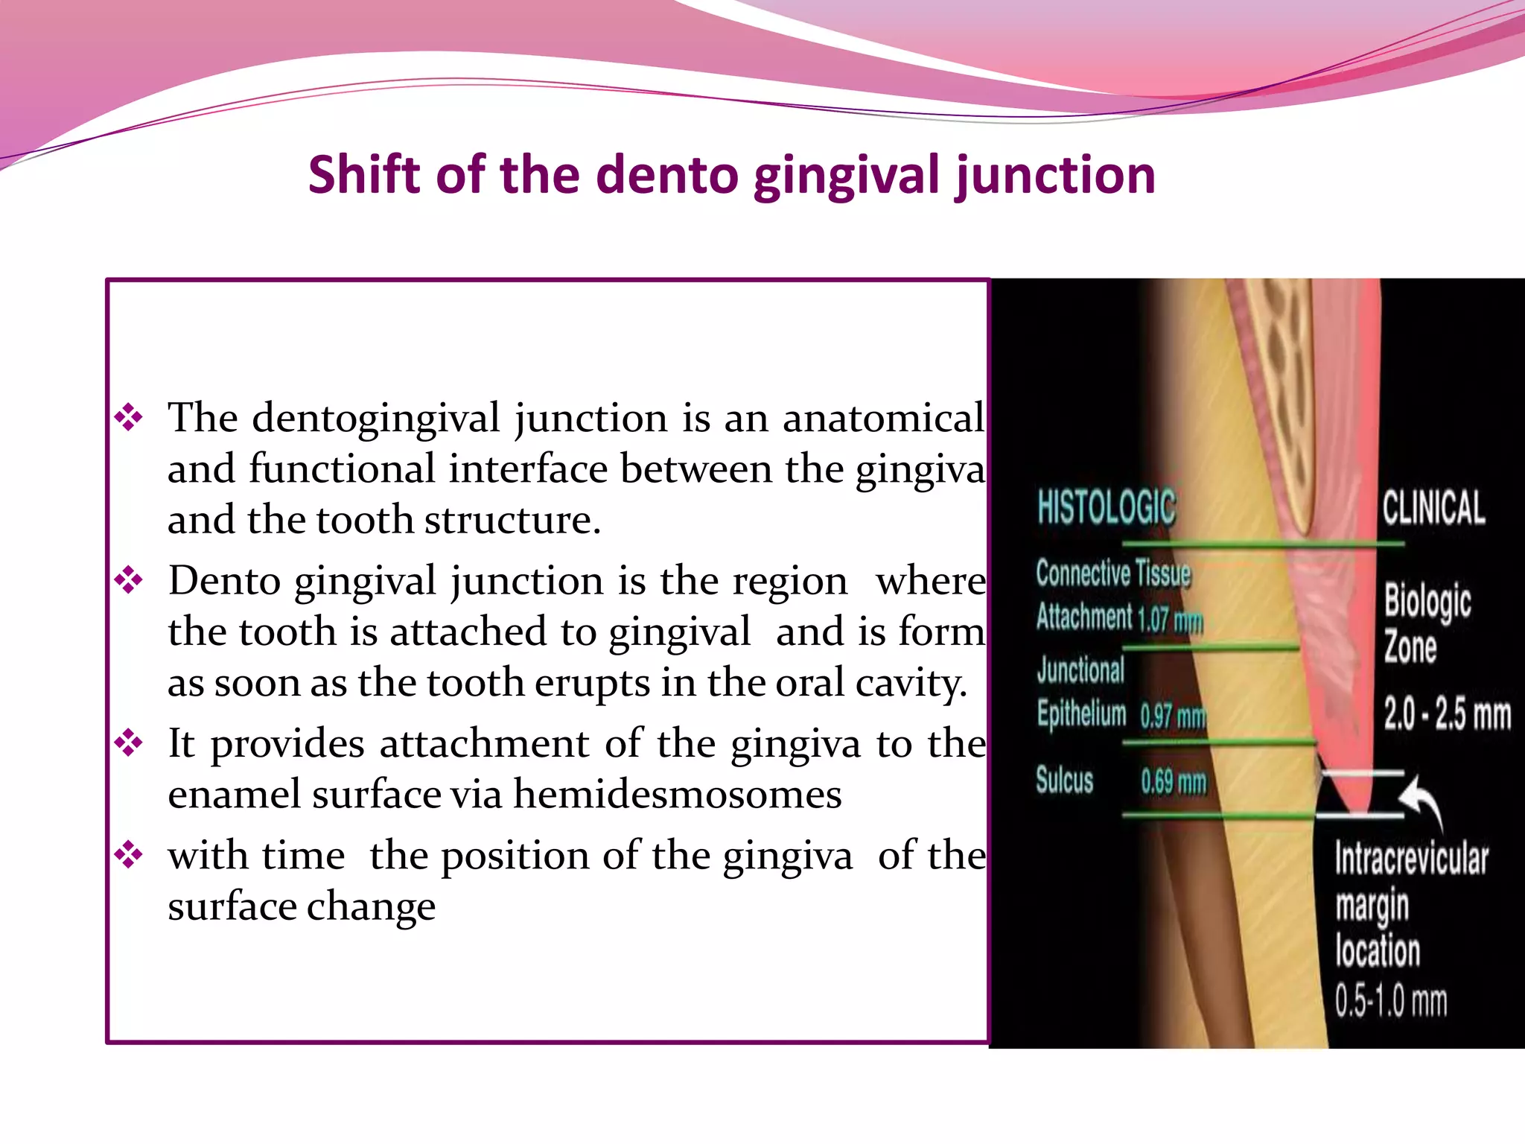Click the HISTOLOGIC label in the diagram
(x=1107, y=507)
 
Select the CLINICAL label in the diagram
(x=1433, y=507)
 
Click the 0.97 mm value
(x=1173, y=716)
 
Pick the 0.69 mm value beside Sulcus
(x=1174, y=781)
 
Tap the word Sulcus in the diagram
(x=1065, y=781)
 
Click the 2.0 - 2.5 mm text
(x=1447, y=714)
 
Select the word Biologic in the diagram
(x=1427, y=602)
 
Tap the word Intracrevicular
(x=1411, y=859)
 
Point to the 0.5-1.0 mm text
(x=1391, y=1000)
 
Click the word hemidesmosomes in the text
(x=677, y=794)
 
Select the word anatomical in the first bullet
(x=883, y=417)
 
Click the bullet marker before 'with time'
(x=129, y=854)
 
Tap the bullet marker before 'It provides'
(x=129, y=742)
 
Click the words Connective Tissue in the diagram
(x=1113, y=573)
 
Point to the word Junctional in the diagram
(x=1080, y=670)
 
